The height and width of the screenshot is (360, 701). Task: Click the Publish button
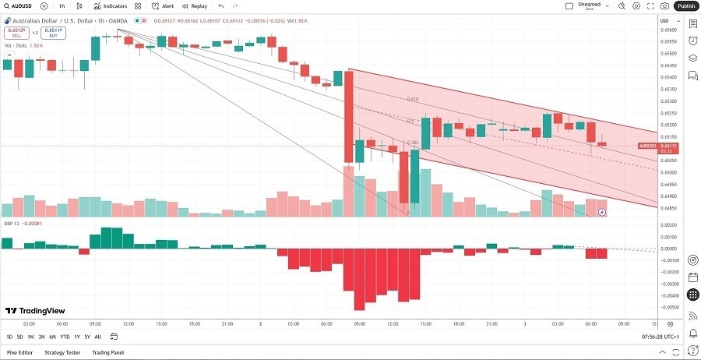685,5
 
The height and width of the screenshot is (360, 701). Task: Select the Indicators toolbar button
110,5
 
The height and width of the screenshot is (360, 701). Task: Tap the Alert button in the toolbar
163,5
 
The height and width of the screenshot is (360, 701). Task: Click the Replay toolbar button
194,5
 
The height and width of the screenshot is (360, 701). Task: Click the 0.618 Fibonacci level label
412,100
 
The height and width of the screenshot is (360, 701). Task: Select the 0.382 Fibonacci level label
412,143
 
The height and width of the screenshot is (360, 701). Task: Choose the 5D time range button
19,337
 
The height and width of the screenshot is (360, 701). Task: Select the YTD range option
65,337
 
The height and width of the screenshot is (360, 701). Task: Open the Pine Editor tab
19,352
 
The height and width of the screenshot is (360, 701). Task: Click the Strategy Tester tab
62,352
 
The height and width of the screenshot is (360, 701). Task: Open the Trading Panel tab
108,352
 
